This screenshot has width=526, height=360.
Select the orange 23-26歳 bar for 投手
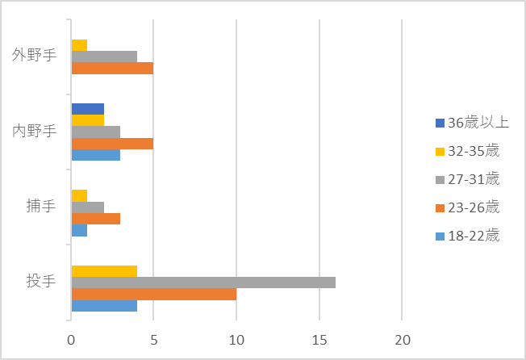[x=154, y=294]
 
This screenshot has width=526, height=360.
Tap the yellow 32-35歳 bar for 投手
[x=104, y=271]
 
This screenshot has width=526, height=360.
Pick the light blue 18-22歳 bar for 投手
[x=104, y=306]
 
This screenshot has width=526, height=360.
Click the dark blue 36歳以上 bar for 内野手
[x=88, y=109]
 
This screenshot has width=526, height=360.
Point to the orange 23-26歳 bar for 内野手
[x=112, y=144]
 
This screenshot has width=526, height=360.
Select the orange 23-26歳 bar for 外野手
[x=112, y=69]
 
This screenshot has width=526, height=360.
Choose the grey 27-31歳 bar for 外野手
[x=104, y=57]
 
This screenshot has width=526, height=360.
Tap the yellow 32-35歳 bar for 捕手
[x=79, y=195]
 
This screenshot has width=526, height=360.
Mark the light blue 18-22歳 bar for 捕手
[x=79, y=230]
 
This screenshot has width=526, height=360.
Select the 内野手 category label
[x=34, y=131]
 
